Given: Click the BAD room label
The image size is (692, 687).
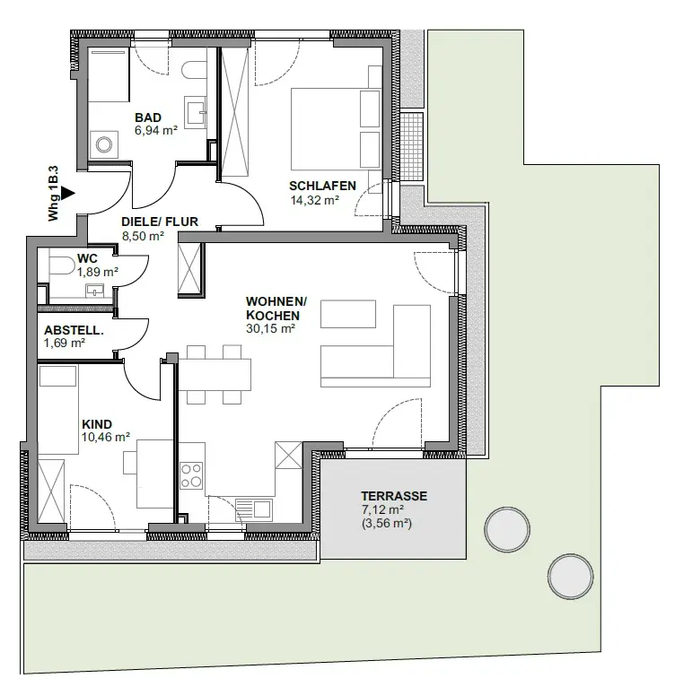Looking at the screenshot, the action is pos(148,117).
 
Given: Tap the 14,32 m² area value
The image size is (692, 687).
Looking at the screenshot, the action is pos(315,200).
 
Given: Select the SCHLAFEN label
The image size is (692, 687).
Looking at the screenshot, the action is pos(322,186).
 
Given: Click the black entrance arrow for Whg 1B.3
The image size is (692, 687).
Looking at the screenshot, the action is pos(67,193).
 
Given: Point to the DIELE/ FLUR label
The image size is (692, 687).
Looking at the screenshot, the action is pos(160,222).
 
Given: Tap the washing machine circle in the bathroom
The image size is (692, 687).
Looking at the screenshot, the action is pos(104,144).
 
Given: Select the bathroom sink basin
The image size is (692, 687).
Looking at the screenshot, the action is pos(196,112).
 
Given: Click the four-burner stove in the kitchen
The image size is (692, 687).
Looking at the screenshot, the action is pos(191,475).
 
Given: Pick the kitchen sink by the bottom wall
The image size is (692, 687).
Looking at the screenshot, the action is pos(254,509).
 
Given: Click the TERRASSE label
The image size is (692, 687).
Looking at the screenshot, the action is pos(394,496).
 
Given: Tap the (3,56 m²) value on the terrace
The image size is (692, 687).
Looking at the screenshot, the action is pos(387,524).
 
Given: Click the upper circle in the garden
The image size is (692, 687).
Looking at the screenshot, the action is pos(507,529).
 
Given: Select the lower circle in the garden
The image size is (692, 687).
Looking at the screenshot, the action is pos(571,577).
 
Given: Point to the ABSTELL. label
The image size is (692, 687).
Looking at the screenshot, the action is pos(74,330).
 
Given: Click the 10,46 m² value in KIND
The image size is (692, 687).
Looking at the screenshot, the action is pos(106,437).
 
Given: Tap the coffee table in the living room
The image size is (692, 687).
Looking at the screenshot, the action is pos(348,314).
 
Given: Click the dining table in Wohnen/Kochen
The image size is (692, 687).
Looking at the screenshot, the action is pos(215,374).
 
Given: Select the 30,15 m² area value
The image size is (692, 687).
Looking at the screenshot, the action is pos(270,328).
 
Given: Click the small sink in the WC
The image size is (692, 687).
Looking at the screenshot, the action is pos(95,291).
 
